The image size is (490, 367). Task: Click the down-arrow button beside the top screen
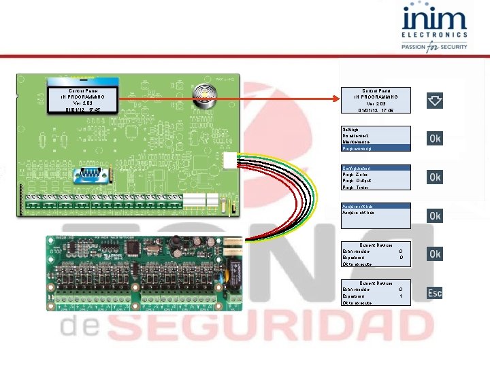(x=435, y=101)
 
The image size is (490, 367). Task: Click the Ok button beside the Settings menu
(x=435, y=139)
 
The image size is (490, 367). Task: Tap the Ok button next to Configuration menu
(x=435, y=177)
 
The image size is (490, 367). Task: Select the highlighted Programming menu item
(x=376, y=147)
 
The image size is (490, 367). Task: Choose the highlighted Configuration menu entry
(x=376, y=167)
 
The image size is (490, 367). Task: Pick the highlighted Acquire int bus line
(x=376, y=206)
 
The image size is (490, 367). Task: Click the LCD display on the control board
(x=82, y=100)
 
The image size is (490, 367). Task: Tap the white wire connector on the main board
(x=229, y=160)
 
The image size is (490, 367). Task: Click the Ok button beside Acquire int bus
(x=435, y=215)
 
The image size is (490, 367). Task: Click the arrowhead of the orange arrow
(x=336, y=100)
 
